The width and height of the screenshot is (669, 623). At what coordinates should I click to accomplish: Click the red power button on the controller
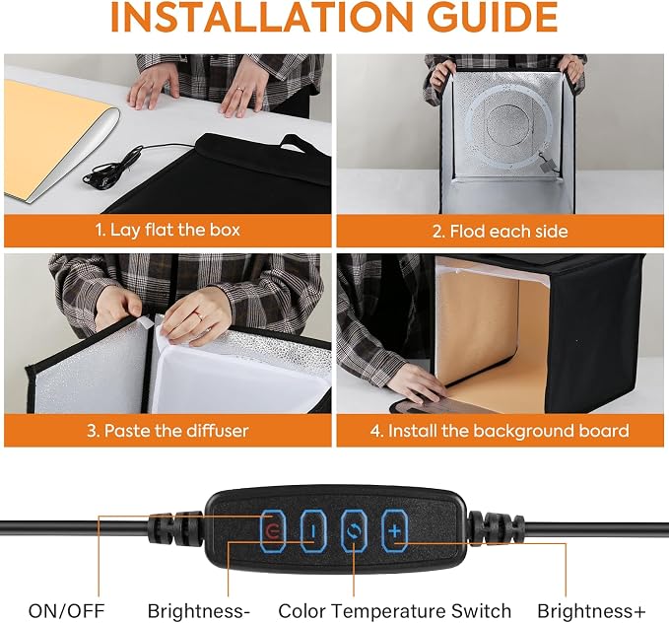click(273, 530)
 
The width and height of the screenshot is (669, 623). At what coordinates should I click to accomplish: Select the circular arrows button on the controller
click(354, 530)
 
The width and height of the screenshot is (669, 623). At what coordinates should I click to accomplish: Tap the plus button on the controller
click(395, 530)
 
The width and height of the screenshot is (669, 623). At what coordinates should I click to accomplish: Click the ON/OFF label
click(67, 611)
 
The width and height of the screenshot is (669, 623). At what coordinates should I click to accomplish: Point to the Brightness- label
click(198, 611)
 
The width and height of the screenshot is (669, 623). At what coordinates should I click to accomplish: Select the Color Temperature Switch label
click(395, 611)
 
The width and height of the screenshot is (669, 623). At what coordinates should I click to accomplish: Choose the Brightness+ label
click(591, 611)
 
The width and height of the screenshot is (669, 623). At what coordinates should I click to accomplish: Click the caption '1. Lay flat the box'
click(167, 230)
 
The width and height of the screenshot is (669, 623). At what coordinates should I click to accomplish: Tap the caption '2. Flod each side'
click(501, 231)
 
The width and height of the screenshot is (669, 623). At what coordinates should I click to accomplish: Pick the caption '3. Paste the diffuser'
click(167, 430)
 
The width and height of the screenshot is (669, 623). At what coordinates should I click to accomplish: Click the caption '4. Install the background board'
click(500, 431)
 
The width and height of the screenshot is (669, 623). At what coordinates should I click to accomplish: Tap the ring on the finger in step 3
click(199, 315)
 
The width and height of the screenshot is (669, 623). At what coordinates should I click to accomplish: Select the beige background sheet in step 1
click(51, 137)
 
